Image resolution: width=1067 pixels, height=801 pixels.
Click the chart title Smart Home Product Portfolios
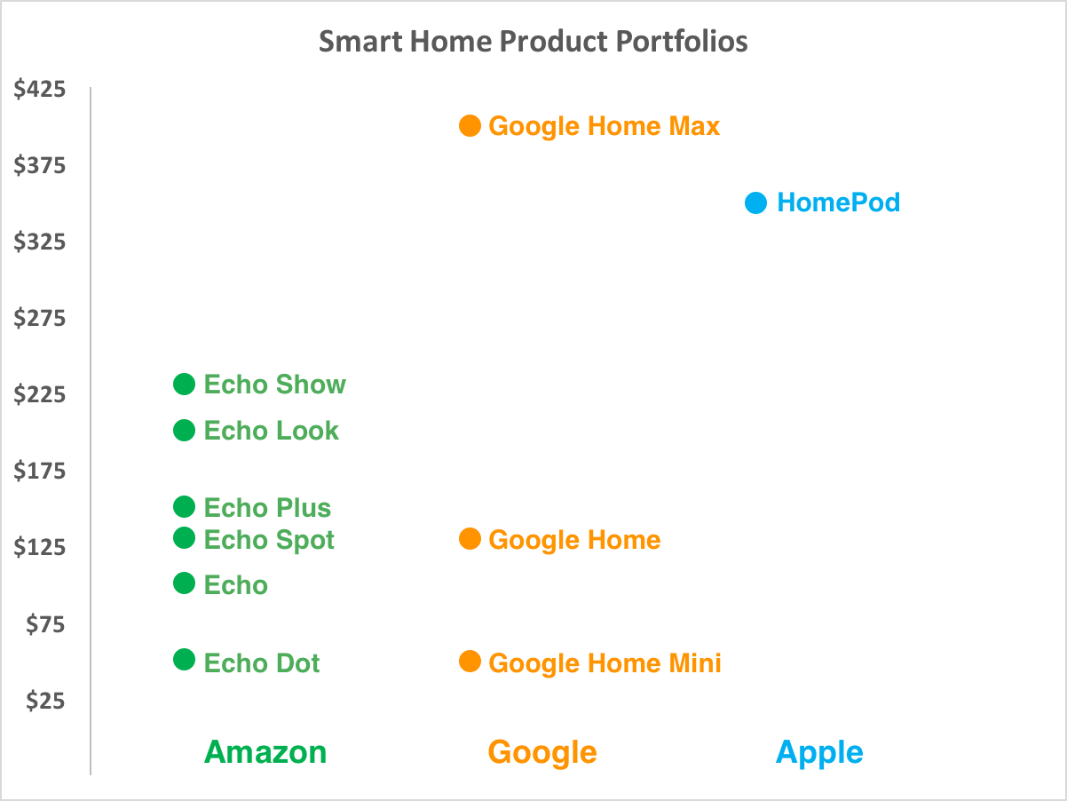click(x=533, y=42)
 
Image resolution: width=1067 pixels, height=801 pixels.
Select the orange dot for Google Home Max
click(x=470, y=125)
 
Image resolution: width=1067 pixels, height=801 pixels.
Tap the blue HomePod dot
click(x=755, y=203)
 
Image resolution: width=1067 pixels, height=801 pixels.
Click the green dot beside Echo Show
click(x=184, y=384)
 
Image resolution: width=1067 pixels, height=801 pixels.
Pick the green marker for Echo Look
click(x=184, y=430)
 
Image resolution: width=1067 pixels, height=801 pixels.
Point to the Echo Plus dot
click(x=184, y=506)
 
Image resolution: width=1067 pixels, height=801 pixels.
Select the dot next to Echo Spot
click(x=184, y=537)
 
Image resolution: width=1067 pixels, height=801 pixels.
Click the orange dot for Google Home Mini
click(x=470, y=662)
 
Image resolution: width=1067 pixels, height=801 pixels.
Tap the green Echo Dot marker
click(x=184, y=660)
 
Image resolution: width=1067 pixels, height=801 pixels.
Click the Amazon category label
click(x=265, y=752)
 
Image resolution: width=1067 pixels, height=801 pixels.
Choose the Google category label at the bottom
click(x=542, y=752)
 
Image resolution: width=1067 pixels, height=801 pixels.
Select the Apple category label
click(x=819, y=752)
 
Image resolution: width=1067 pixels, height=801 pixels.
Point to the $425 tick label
click(x=40, y=90)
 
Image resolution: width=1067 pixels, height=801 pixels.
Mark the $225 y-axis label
click(x=40, y=395)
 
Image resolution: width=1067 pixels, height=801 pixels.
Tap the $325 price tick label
click(x=40, y=242)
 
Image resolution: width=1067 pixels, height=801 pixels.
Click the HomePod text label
click(x=838, y=202)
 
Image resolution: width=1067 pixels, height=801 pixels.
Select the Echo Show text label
click(x=275, y=385)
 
